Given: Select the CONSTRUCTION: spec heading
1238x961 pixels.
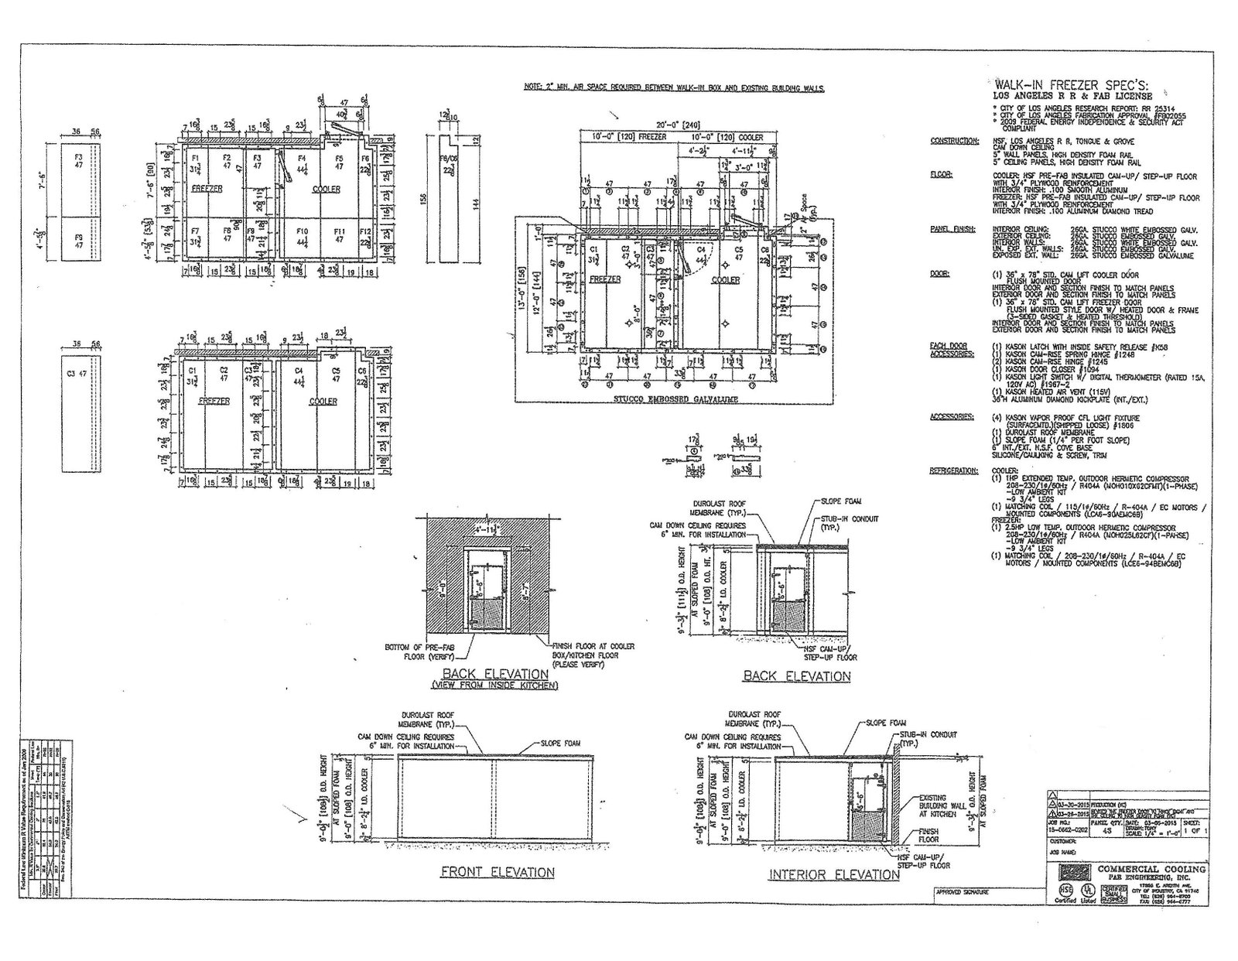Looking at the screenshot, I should (953, 141).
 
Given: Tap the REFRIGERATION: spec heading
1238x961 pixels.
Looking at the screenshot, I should (954, 470).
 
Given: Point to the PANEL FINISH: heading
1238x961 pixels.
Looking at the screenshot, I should (952, 229).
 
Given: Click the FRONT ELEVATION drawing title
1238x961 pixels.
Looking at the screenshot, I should (497, 872).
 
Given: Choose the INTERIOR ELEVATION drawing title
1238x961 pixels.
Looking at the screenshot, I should (822, 874).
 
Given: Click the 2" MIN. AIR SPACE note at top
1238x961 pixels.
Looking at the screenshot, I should (673, 88).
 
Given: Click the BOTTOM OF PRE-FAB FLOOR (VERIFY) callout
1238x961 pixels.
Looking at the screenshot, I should (415, 651).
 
